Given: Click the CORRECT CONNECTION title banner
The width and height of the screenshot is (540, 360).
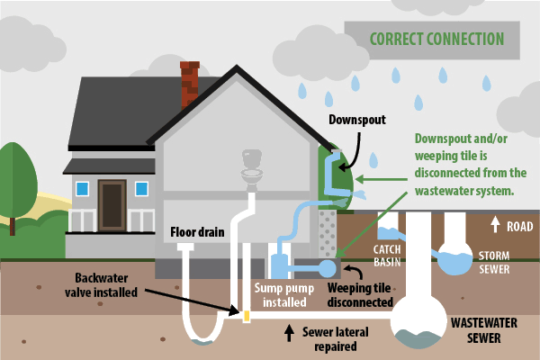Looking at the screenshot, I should tap(436, 40).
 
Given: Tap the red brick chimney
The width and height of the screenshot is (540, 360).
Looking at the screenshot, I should tap(189, 84).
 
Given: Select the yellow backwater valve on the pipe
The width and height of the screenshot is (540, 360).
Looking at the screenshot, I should tap(245, 316).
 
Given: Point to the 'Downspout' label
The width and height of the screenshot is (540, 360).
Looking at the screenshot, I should tap(356, 118).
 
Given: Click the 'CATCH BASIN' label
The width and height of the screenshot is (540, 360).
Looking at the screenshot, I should tap(373, 253).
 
